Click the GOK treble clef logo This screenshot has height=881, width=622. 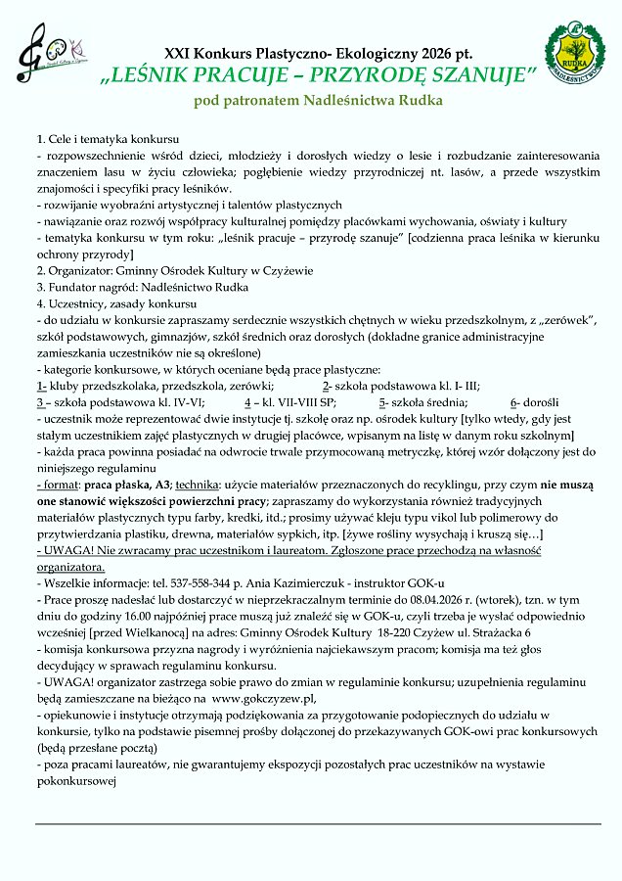pos(49,55)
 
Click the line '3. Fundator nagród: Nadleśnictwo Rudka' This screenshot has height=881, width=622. pos(142,287)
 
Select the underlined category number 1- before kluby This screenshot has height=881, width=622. pos(42,385)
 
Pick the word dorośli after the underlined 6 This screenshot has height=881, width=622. pos(540,401)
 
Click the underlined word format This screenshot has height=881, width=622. pos(61,484)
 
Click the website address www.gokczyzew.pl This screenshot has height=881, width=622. pos(262,698)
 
